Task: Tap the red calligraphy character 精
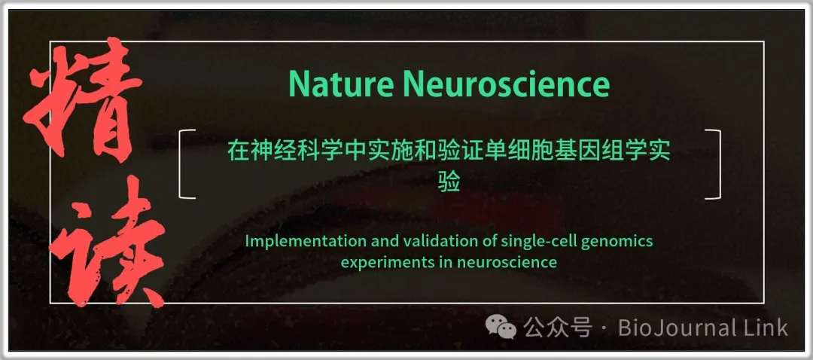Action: pos(83,99)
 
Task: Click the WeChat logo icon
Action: pos(501,327)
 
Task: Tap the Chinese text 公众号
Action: pos(557,328)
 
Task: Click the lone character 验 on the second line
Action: pos(449,182)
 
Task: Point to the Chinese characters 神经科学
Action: pos(294,151)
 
